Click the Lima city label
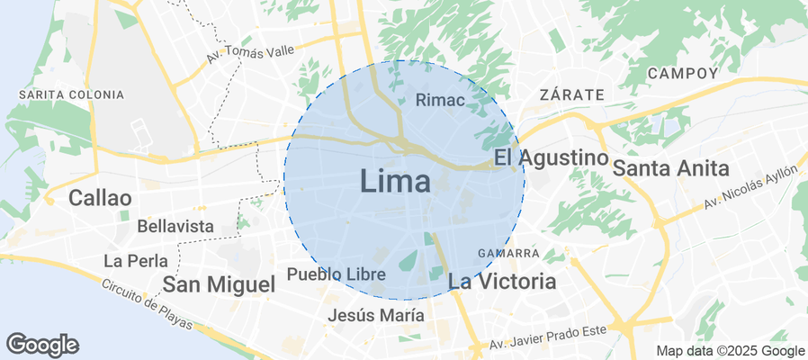[396, 181]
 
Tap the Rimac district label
[441, 101]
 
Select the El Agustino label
[551, 158]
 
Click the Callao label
[100, 198]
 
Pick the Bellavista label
[175, 227]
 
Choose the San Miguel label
[219, 284]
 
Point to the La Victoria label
[501, 282]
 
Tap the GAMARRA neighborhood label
[508, 253]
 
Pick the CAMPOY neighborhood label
[683, 73]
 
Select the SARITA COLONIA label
[71, 94]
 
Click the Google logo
[42, 344]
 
